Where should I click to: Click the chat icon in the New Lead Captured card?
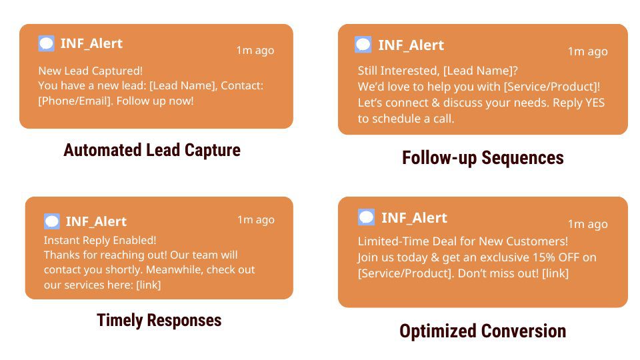pyautogui.click(x=46, y=43)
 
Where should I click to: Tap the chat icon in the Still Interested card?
pyautogui.click(x=363, y=45)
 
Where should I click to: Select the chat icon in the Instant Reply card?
pyautogui.click(x=52, y=221)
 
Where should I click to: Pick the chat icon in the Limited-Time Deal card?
pyautogui.click(x=366, y=217)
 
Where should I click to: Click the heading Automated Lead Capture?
pyautogui.click(x=152, y=150)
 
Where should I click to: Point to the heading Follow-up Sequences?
pyautogui.click(x=483, y=158)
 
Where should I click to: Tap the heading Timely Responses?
pyautogui.click(x=159, y=320)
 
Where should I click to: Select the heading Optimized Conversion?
pyautogui.click(x=483, y=331)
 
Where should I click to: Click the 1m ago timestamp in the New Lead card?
pyautogui.click(x=255, y=50)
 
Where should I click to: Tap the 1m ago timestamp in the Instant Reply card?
pyautogui.click(x=256, y=219)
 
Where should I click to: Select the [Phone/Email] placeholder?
pyautogui.click(x=75, y=101)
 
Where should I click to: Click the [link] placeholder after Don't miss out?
pyautogui.click(x=555, y=273)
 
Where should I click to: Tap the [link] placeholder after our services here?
pyautogui.click(x=149, y=285)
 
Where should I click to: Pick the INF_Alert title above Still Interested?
pyautogui.click(x=411, y=45)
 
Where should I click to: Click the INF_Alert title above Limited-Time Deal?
pyautogui.click(x=414, y=218)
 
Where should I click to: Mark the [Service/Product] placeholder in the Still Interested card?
pyautogui.click(x=552, y=87)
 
